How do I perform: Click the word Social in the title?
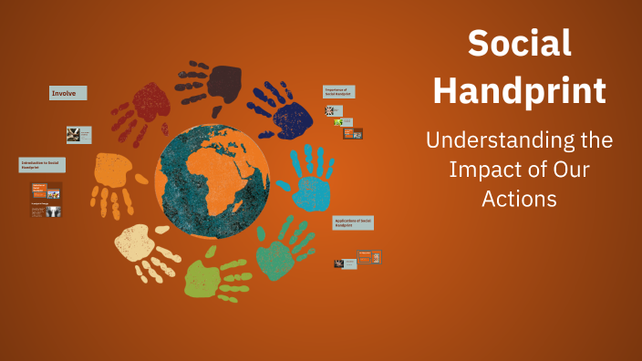[x=520, y=44]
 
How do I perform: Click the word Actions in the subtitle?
[x=520, y=198]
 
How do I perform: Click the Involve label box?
[x=68, y=93]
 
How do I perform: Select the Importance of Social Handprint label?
[x=339, y=92]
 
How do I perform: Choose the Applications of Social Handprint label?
[x=354, y=223]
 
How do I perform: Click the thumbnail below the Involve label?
[x=78, y=135]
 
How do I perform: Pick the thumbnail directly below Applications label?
[x=368, y=256]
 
